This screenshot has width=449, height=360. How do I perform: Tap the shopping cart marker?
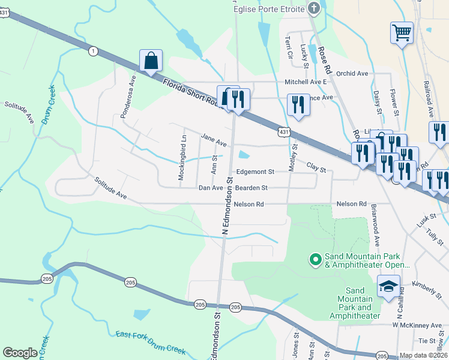point(402,32)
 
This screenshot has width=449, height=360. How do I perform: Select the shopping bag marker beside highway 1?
point(150,61)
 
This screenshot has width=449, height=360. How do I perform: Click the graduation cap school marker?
point(388,286)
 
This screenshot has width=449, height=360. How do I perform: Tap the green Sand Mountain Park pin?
point(315,259)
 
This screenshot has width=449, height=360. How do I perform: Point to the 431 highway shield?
point(285,131)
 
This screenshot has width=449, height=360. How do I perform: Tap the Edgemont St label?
point(255,172)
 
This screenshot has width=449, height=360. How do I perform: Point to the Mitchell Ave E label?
point(305,82)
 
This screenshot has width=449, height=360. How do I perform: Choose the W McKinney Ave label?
point(417,325)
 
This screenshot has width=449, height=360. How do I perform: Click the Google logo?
point(20,353)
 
